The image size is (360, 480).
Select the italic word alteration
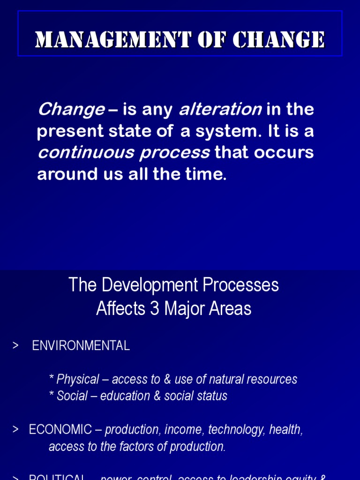click(220, 110)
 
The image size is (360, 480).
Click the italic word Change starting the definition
click(71, 110)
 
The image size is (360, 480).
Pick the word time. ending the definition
click(206, 174)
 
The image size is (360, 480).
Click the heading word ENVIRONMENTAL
click(81, 346)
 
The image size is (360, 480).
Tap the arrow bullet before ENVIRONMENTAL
click(15, 346)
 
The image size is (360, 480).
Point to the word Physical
click(78, 379)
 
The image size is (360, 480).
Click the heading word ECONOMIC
click(60, 429)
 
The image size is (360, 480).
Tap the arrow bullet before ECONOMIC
click(15, 429)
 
